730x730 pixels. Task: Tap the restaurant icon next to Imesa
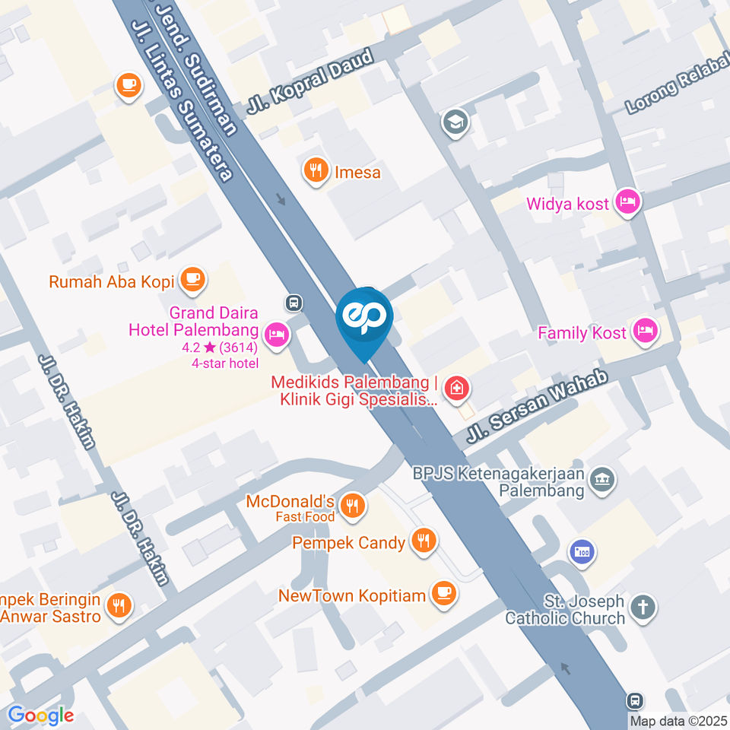click(x=315, y=172)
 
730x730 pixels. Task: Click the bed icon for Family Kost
click(x=646, y=332)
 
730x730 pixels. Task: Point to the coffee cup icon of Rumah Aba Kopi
click(x=192, y=281)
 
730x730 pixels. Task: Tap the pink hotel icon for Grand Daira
click(x=277, y=334)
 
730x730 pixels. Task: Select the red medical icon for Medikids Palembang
click(x=456, y=389)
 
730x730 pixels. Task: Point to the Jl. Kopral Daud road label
click(x=309, y=81)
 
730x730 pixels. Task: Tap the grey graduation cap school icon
click(x=455, y=120)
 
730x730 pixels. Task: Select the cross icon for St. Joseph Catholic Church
click(x=644, y=608)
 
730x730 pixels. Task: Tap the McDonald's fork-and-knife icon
click(x=351, y=505)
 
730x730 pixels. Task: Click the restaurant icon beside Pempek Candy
click(x=423, y=541)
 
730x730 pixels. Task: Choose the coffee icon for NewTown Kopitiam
click(x=443, y=594)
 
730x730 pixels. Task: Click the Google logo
click(x=41, y=716)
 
